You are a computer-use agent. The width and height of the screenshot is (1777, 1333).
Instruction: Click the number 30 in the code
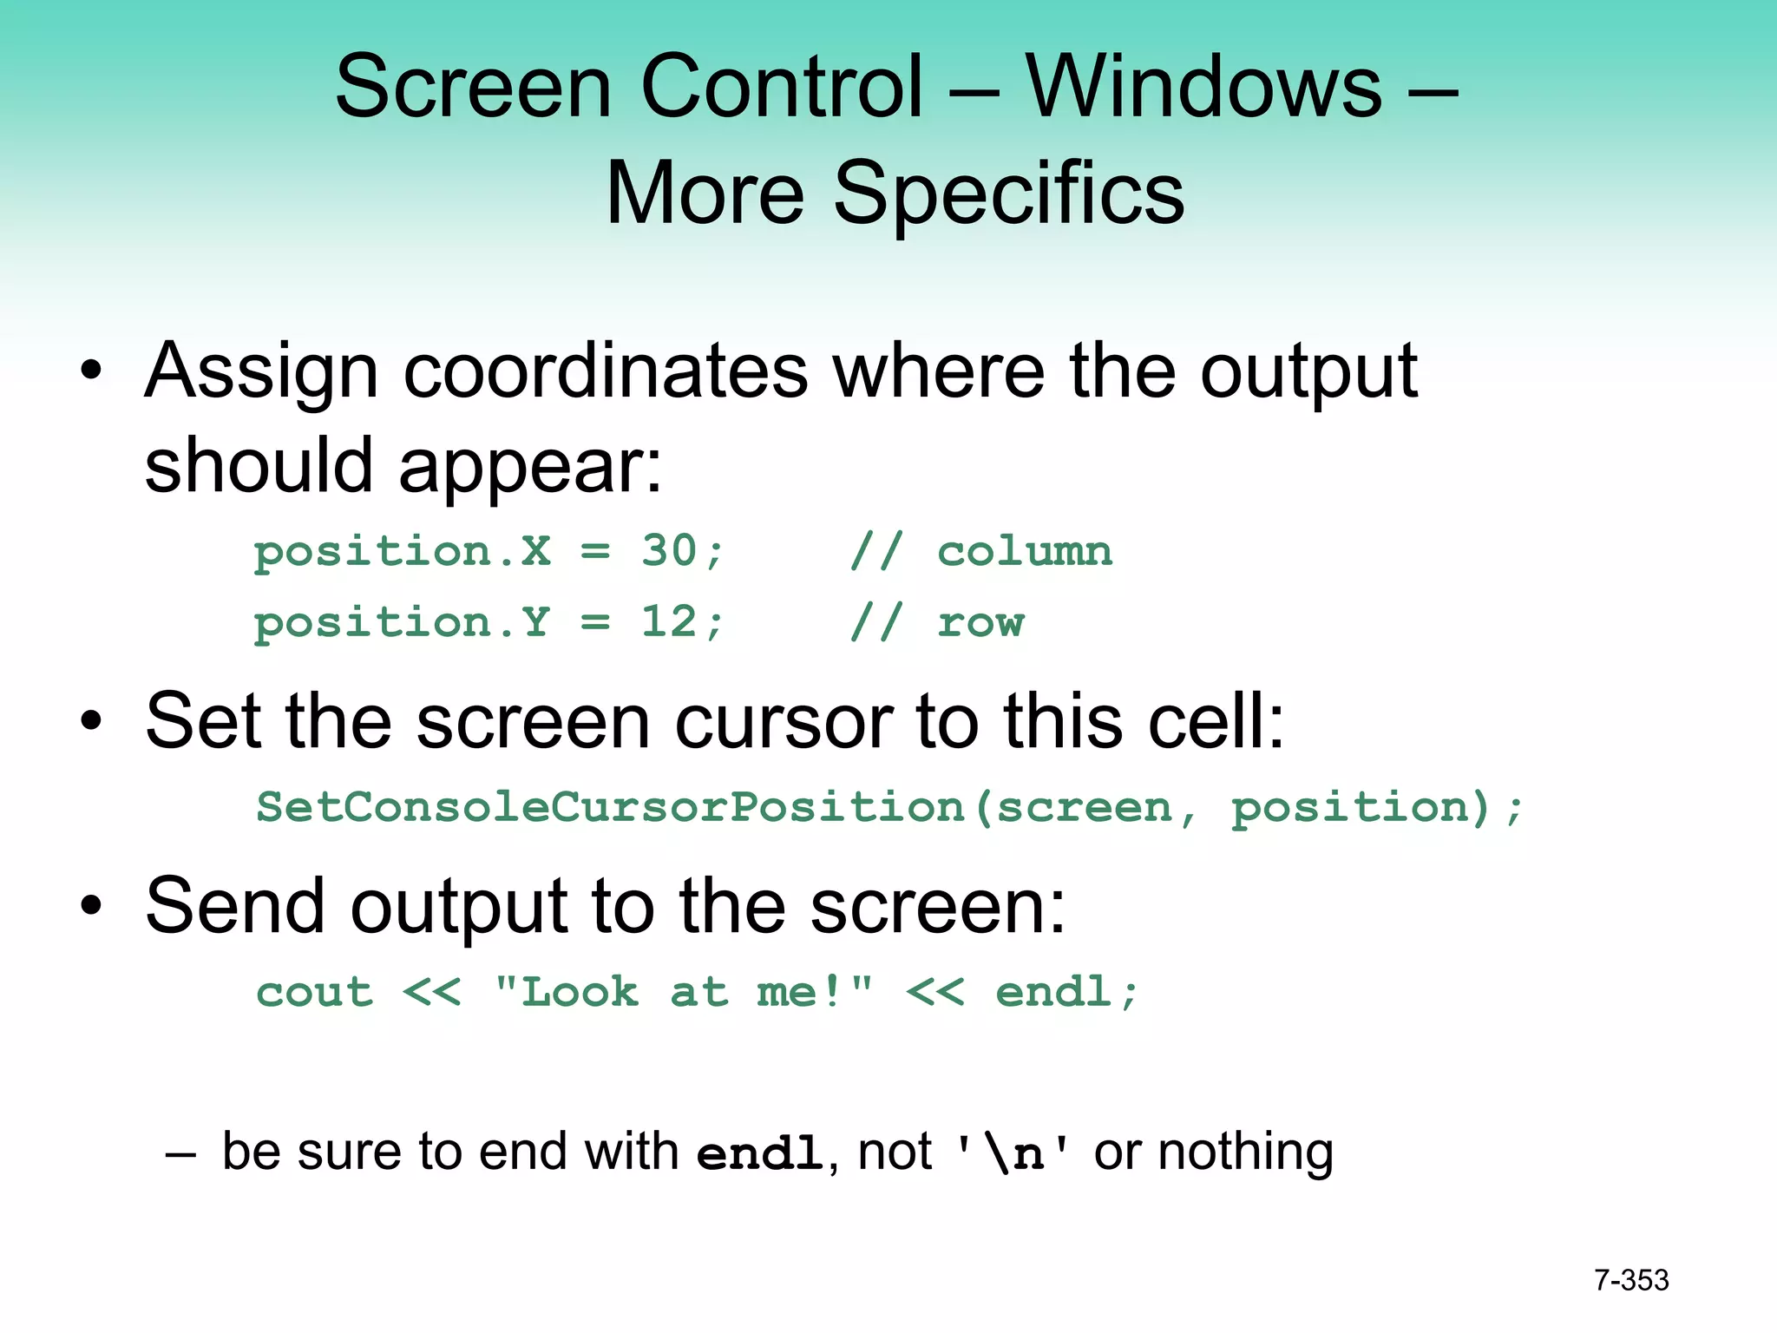669,551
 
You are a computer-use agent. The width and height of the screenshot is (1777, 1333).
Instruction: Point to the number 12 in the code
669,622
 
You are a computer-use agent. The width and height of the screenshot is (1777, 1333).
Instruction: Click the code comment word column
1025,552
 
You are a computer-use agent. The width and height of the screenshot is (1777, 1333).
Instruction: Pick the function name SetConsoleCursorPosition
610,808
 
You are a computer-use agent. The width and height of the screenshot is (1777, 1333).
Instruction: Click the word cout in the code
315,993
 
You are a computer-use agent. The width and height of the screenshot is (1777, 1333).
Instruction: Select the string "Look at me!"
684,992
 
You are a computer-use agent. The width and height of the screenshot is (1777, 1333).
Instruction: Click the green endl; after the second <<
1066,992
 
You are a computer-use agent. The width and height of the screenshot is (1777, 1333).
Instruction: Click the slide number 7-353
1631,1280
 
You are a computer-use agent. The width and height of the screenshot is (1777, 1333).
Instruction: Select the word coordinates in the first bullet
606,371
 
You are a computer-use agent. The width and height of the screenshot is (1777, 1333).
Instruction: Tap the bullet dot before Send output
91,906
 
